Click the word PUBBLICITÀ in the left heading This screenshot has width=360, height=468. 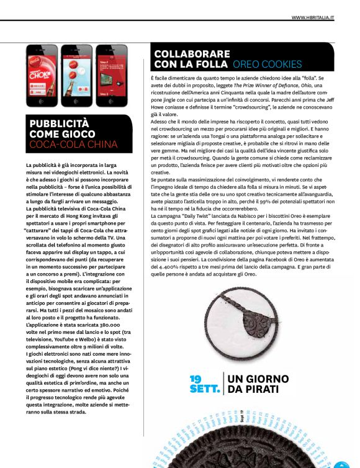coord(59,123)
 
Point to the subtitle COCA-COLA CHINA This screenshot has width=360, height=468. coord(73,145)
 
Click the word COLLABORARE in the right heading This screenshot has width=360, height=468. coord(192,54)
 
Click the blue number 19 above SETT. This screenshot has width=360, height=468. coord(196,378)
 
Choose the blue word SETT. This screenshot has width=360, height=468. coord(204,389)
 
